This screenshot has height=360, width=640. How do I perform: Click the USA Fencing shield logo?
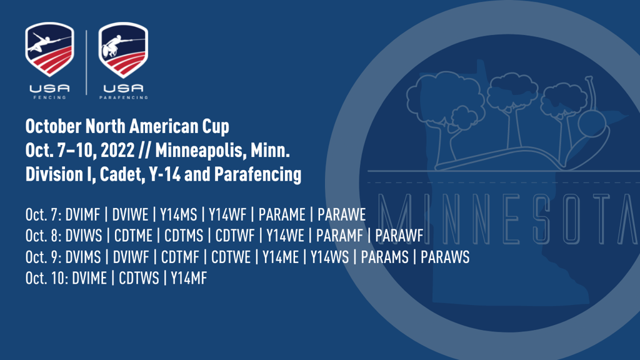click(50, 49)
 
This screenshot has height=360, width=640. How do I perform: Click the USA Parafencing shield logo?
click(123, 50)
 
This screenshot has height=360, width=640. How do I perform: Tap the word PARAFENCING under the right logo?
click(124, 97)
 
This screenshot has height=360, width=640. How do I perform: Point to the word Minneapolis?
click(201, 151)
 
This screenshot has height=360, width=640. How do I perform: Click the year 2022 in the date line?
click(117, 150)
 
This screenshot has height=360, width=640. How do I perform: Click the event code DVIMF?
click(82, 215)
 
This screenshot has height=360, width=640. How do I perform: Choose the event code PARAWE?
click(342, 215)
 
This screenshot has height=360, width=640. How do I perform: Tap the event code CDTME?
click(133, 236)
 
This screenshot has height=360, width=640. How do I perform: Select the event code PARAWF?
click(399, 236)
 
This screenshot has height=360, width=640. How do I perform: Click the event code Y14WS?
click(330, 257)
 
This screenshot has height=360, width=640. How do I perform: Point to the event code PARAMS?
click(384, 257)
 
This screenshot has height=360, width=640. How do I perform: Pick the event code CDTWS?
click(139, 278)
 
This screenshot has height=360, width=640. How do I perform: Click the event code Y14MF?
click(189, 278)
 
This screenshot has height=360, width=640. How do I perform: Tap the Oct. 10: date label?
click(46, 278)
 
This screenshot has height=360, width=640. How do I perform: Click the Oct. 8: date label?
click(43, 236)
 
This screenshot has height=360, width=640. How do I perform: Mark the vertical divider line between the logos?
click(86, 62)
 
